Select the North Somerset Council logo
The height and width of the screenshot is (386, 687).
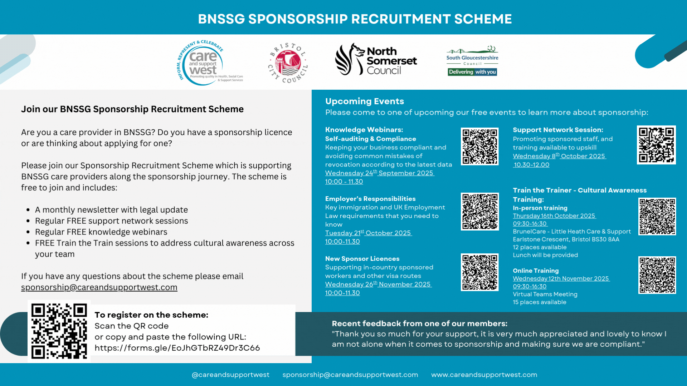pyautogui.click(x=376, y=60)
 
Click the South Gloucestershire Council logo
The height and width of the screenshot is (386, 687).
pyautogui.click(x=472, y=61)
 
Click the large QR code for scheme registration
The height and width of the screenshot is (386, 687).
pyautogui.click(x=59, y=331)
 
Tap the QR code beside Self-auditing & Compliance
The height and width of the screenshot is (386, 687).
pyautogui.click(x=479, y=146)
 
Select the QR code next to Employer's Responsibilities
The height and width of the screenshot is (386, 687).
pyautogui.click(x=479, y=212)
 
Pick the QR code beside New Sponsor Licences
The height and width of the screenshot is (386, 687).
pyautogui.click(x=479, y=272)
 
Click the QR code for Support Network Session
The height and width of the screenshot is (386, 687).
pyautogui.click(x=656, y=145)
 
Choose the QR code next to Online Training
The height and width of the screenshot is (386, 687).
pyautogui.click(x=657, y=275)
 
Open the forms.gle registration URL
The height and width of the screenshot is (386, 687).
pyautogui.click(x=177, y=348)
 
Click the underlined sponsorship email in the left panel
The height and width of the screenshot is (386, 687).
pyautogui.click(x=99, y=287)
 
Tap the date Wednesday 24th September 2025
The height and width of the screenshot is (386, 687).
pyautogui.click(x=379, y=173)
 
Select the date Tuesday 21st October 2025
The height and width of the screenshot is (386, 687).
pyautogui.click(x=368, y=233)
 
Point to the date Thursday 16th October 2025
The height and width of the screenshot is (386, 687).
pyautogui.click(x=554, y=216)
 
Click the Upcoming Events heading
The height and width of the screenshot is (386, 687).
pyautogui.click(x=364, y=101)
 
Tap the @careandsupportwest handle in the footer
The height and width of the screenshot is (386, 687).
pyautogui.click(x=230, y=375)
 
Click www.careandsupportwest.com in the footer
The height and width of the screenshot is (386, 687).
pyautogui.click(x=484, y=375)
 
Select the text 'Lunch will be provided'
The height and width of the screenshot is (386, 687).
pyautogui.click(x=545, y=255)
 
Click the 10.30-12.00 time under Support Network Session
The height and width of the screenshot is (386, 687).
pyautogui.click(x=531, y=165)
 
